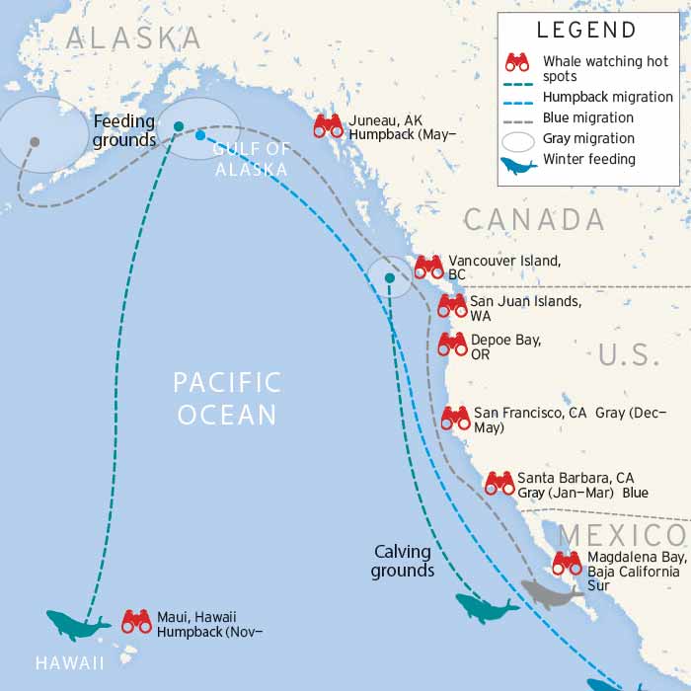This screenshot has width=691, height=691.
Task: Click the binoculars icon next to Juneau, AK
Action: tap(329, 125)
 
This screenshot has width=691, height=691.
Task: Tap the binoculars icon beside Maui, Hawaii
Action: tap(136, 621)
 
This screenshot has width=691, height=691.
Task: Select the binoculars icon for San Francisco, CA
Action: tap(455, 418)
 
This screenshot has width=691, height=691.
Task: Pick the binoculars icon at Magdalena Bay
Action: tap(567, 563)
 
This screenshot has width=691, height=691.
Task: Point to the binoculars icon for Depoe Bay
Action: tap(452, 344)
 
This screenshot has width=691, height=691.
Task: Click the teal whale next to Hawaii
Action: tap(78, 625)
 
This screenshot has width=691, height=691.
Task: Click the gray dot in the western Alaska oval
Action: tap(35, 142)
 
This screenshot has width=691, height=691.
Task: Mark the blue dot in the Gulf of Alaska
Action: tap(200, 135)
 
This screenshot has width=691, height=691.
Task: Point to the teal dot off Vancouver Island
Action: tap(390, 278)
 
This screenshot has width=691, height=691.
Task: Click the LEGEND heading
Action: tap(586, 30)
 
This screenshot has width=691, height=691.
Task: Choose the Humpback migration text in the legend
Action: tap(608, 97)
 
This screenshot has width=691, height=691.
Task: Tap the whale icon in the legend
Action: tap(518, 165)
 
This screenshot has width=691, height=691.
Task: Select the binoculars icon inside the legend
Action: tap(517, 62)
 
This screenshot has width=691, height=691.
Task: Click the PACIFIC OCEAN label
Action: tap(227, 398)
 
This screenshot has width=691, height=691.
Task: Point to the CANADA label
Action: tap(533, 219)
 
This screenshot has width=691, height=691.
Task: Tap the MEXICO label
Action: tap(622, 536)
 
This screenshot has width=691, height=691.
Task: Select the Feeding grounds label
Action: tap(124, 130)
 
